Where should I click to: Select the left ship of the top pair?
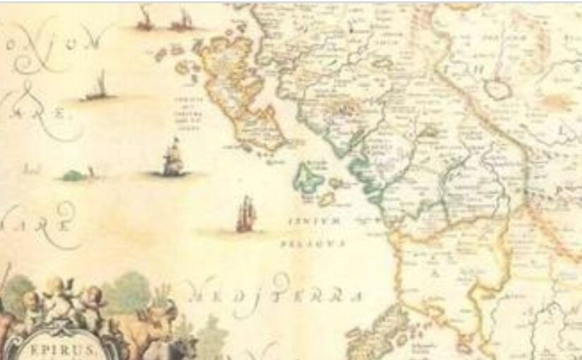click(145, 20)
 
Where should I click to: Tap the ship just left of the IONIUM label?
click(245, 214)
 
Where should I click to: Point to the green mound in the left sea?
click(73, 174)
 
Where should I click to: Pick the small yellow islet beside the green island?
click(327, 199)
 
